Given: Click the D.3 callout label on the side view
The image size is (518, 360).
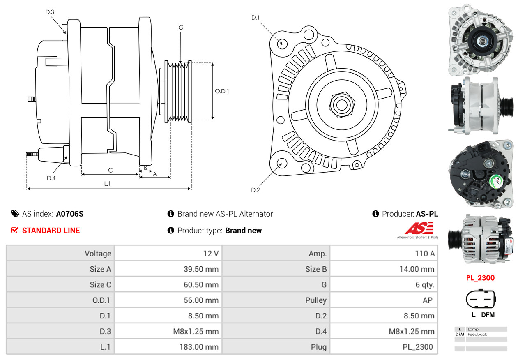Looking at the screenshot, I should click(x=50, y=12).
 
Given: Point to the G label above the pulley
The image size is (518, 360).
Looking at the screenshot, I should click(x=181, y=28).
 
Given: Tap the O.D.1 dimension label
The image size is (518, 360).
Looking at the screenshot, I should click(x=222, y=91).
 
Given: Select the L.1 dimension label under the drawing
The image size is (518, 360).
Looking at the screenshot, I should click(x=107, y=184).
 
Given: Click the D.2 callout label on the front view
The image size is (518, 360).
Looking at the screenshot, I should click(x=256, y=190).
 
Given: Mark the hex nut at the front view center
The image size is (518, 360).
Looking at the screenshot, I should click(x=341, y=104).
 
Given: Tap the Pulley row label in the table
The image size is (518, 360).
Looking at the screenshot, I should click(x=316, y=300).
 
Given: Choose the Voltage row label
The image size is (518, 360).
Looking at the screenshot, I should click(x=98, y=254).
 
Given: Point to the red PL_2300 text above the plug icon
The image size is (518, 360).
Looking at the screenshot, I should click(x=480, y=278).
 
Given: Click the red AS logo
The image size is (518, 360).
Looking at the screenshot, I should click(x=419, y=228).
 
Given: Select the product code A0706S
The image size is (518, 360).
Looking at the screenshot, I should click(x=69, y=214).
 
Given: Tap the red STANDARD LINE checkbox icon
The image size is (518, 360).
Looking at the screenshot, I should click(x=14, y=230).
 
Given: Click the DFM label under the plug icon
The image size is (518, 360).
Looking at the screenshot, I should click(x=488, y=315).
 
